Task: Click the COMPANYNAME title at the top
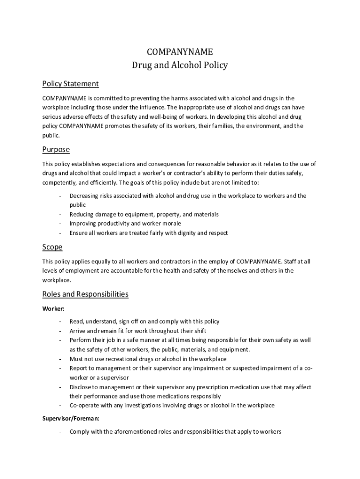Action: pyautogui.click(x=180, y=51)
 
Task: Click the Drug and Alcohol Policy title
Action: pyautogui.click(x=180, y=65)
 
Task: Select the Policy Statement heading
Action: pyautogui.click(x=71, y=84)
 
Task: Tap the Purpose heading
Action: pyautogui.click(x=56, y=150)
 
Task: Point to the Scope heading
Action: pyautogui.click(x=52, y=247)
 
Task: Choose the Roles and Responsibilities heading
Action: pyautogui.click(x=85, y=294)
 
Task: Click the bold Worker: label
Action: pyautogui.click(x=53, y=309)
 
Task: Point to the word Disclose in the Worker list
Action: pyautogui.click(x=81, y=387)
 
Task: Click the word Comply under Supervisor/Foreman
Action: pyautogui.click(x=80, y=432)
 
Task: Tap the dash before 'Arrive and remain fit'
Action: pyautogui.click(x=60, y=331)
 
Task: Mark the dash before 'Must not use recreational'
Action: pyautogui.click(x=60, y=359)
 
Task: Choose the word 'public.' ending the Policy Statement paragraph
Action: pyautogui.click(x=51, y=135)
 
